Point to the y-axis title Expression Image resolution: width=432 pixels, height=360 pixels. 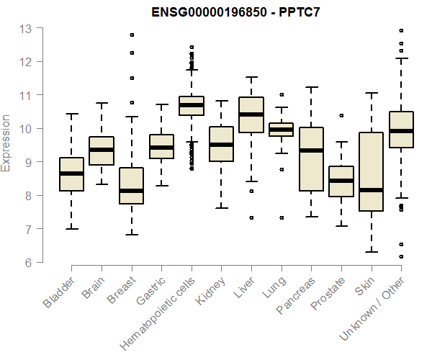tap(6, 143)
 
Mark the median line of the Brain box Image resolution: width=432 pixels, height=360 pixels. tap(102, 150)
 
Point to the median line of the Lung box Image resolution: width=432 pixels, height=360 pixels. tap(282, 130)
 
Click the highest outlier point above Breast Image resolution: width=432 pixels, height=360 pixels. tap(132, 35)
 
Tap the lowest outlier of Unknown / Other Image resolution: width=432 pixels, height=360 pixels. tap(401, 256)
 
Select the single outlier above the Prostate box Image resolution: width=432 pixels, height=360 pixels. tap(341, 115)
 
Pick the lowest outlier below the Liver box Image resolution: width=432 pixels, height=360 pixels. tap(251, 217)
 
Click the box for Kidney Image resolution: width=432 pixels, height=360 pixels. tap(221, 144)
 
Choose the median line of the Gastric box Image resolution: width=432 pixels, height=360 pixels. tap(161, 148)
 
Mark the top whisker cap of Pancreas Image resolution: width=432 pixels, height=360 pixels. tap(311, 87)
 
